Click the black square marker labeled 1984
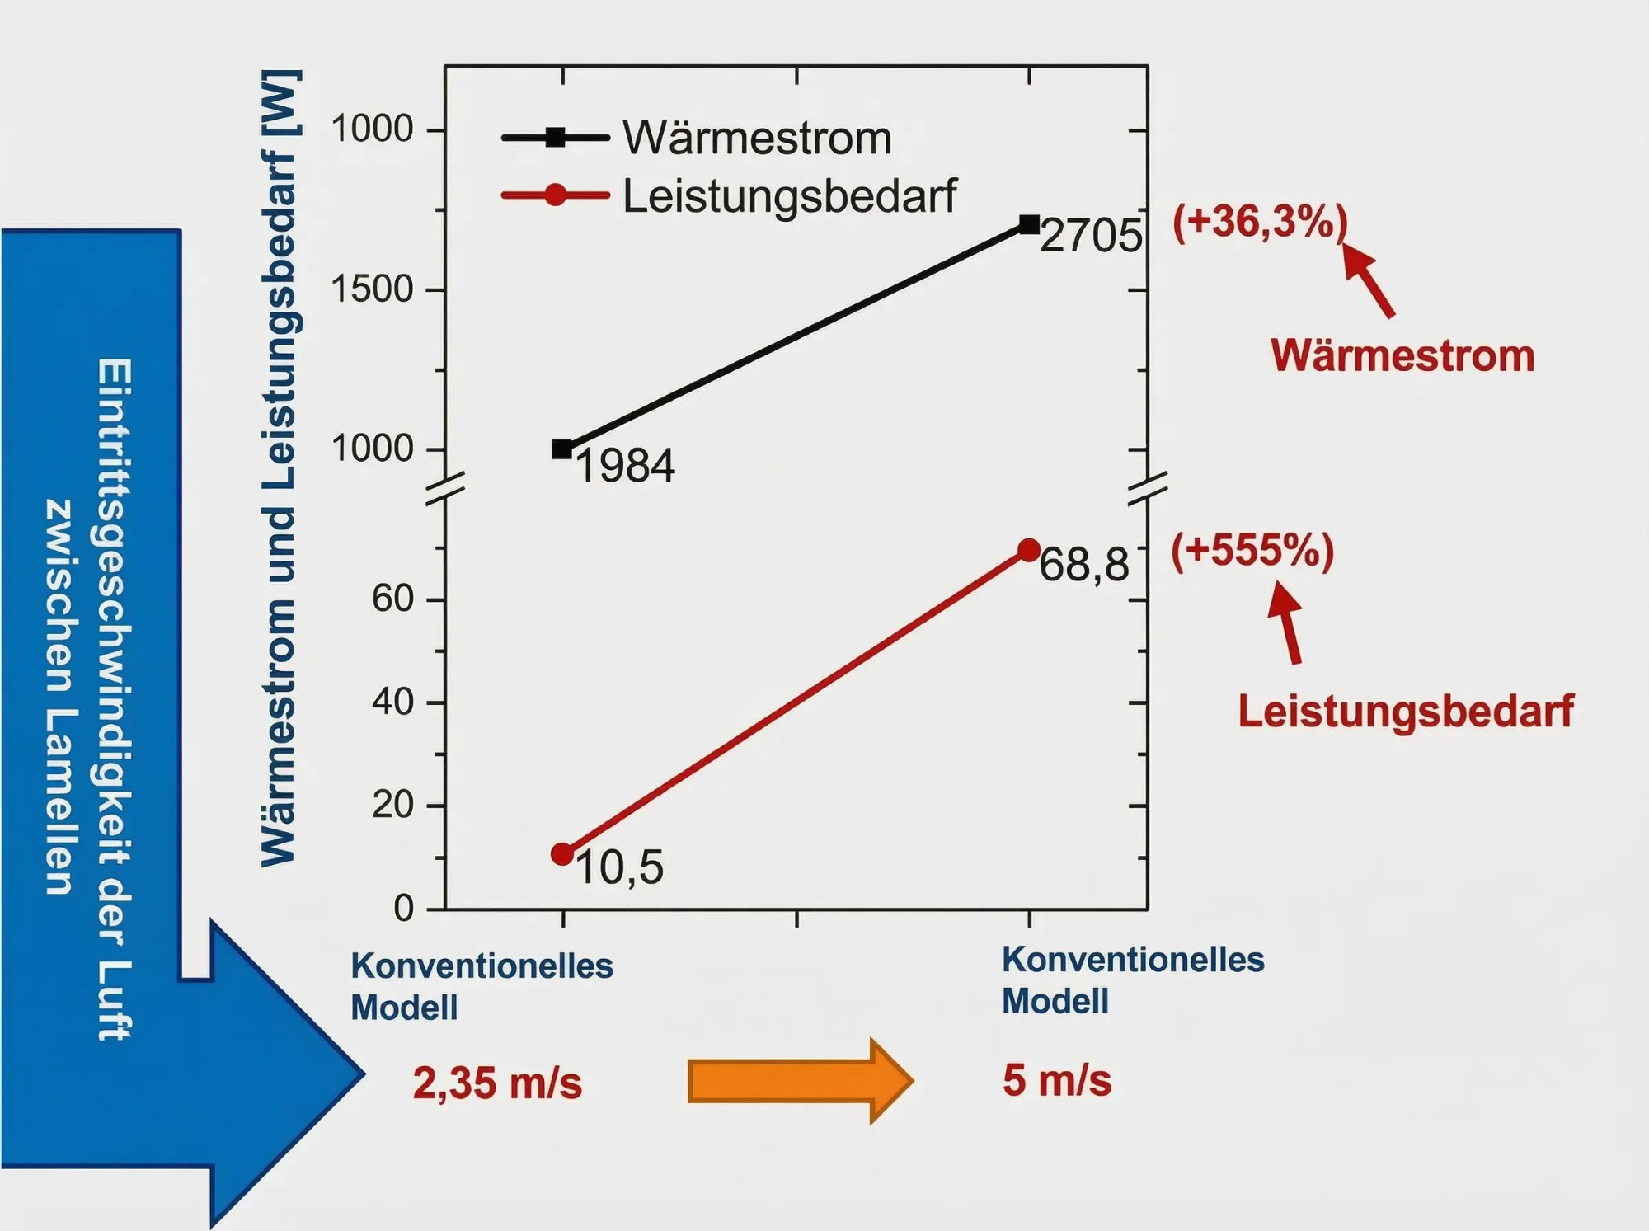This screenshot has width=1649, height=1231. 562,449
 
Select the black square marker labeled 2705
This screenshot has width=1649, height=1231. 1029,224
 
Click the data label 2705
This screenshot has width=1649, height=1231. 1091,237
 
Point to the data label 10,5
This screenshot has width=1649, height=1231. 619,868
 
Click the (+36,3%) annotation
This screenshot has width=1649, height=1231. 1260,223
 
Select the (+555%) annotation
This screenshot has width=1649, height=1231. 1252,551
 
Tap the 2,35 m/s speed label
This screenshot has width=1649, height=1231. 497,1083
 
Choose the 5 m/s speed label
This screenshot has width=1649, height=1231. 1057,1080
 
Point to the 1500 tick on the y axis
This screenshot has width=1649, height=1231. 372,289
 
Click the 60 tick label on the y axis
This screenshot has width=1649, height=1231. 392,599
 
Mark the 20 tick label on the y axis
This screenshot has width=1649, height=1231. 392,805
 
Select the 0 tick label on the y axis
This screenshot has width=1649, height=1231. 404,909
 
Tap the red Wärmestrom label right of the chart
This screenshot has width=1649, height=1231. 1402,356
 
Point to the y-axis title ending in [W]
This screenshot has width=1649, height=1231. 280,468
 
